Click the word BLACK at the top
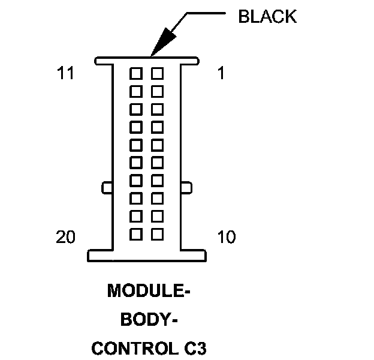click(x=267, y=16)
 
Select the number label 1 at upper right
click(x=221, y=74)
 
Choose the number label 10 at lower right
click(x=226, y=238)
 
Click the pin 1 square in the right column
click(x=157, y=73)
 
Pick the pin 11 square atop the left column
click(x=136, y=73)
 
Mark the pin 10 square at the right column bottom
click(x=157, y=233)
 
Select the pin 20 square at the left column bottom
click(x=136, y=233)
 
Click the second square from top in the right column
click(x=157, y=91)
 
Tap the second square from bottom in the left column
click(x=136, y=215)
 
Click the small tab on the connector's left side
click(x=107, y=188)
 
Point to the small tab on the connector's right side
click(x=186, y=188)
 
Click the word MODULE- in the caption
click(x=149, y=292)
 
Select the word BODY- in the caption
click(x=149, y=320)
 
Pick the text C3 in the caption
click(x=195, y=348)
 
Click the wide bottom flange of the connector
click(x=147, y=256)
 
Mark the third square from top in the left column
click(x=136, y=109)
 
